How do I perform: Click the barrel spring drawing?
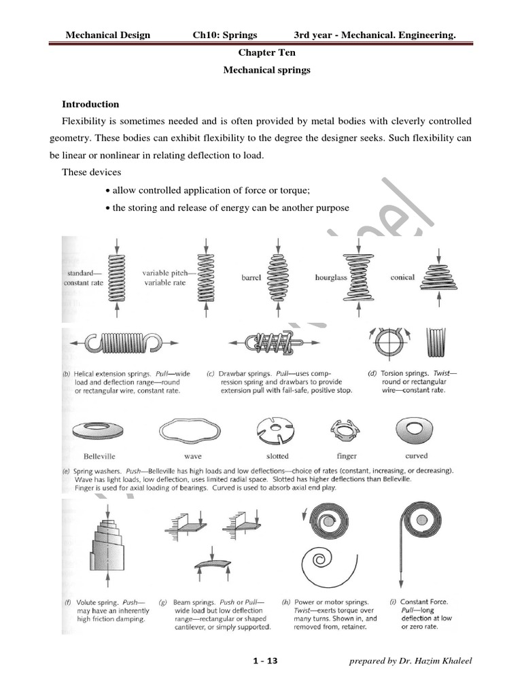click(278, 277)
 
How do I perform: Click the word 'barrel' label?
click(251, 278)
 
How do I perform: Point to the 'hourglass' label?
click(331, 278)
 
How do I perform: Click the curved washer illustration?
click(415, 431)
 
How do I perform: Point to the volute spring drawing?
click(108, 547)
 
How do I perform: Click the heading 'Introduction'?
click(90, 104)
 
